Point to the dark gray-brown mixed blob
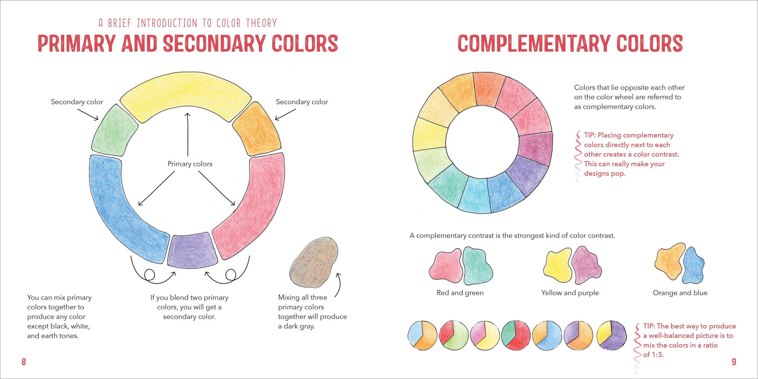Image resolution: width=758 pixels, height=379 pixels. (314, 262)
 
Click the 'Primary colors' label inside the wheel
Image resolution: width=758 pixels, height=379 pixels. (190, 164)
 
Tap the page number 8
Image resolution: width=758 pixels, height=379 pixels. (24, 362)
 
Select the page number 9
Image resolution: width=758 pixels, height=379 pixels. (734, 362)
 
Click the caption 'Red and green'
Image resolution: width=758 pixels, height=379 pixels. (460, 293)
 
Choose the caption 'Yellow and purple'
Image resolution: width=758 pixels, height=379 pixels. (570, 293)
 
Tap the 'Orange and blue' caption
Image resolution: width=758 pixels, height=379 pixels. (680, 293)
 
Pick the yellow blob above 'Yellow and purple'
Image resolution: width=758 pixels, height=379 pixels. (558, 265)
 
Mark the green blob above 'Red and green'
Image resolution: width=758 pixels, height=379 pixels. (478, 265)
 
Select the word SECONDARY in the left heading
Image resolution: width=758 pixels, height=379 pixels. (214, 44)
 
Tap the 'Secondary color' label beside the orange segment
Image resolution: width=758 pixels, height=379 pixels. (302, 102)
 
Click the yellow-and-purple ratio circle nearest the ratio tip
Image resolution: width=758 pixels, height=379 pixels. (612, 335)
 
